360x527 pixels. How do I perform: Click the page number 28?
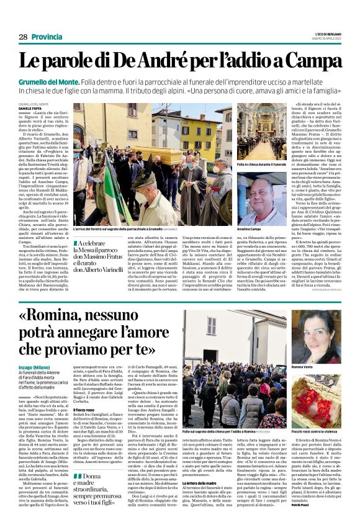click(x=22, y=37)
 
